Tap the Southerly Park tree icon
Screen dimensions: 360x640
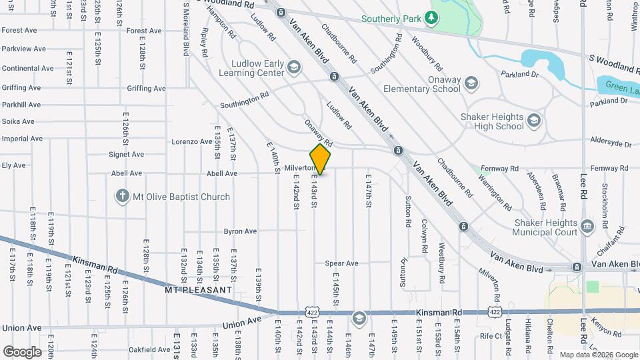click(x=433, y=17)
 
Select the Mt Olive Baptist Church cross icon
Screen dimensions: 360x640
click(x=121, y=197)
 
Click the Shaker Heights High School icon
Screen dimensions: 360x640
click(x=533, y=121)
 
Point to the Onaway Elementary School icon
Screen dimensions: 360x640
click(x=471, y=83)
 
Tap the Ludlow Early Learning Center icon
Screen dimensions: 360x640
click(x=294, y=67)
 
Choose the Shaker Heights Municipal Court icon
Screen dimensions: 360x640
click(x=587, y=227)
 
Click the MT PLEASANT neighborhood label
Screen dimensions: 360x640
click(x=199, y=291)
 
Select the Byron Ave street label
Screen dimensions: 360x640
click(x=241, y=231)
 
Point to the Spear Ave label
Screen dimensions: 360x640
click(x=341, y=263)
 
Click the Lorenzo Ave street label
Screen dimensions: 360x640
click(x=191, y=141)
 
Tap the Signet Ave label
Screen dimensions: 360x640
click(x=127, y=155)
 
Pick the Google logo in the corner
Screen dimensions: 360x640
click(x=22, y=351)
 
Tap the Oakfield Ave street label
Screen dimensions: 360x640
click(x=150, y=349)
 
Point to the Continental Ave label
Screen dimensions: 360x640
click(x=28, y=68)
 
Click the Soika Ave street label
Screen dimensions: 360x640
click(x=18, y=121)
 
